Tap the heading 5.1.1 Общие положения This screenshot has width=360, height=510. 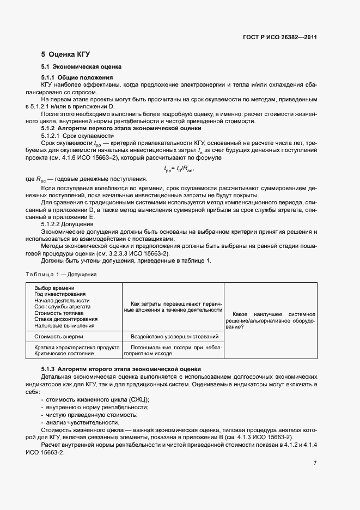coord(77,78)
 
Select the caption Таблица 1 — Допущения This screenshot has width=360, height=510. coord(61,275)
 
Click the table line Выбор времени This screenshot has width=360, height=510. coord(54,288)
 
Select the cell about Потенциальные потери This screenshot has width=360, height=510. coord(173,350)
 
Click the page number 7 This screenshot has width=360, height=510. coord(314,463)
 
